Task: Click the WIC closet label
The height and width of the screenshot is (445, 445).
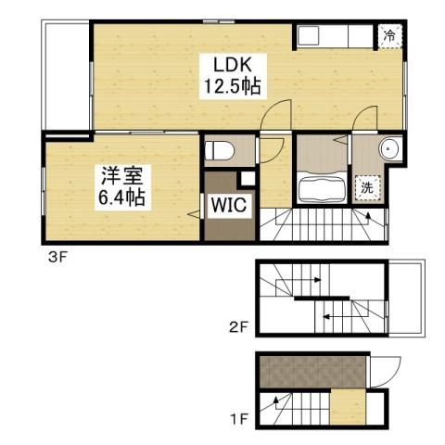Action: pyautogui.click(x=225, y=205)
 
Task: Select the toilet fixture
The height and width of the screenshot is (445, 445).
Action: pyautogui.click(x=220, y=148)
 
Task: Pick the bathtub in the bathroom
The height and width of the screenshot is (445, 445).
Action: pyautogui.click(x=323, y=188)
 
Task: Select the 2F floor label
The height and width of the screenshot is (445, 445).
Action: pyautogui.click(x=239, y=326)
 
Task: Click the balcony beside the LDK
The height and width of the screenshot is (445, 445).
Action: pyautogui.click(x=64, y=74)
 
